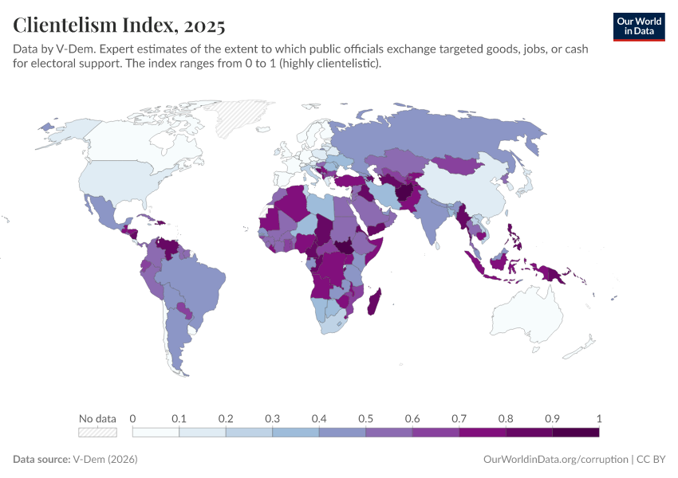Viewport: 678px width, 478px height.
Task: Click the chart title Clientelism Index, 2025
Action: coord(119,25)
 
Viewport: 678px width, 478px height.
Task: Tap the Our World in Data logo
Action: coord(638,26)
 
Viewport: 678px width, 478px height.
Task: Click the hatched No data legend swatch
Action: coord(97,432)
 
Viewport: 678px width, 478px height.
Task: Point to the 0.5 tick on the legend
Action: coord(366,418)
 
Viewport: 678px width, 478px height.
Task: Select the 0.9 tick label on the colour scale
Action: coord(552,418)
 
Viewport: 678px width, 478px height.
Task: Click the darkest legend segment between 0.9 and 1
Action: coord(575,432)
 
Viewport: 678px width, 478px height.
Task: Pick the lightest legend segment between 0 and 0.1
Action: coord(156,432)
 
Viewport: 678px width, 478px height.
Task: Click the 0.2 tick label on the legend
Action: coord(226,418)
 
